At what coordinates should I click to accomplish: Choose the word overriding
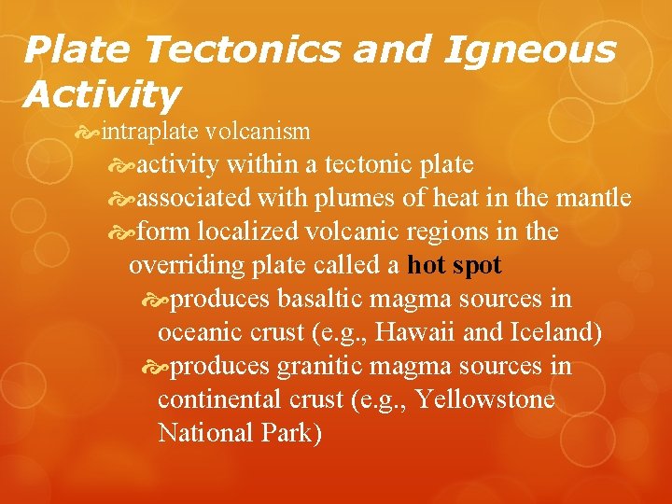click(x=187, y=265)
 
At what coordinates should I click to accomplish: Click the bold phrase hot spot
click(x=455, y=265)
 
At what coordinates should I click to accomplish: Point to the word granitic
click(x=322, y=366)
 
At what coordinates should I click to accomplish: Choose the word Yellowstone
click(x=484, y=399)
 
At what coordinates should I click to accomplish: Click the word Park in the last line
click(x=292, y=433)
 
